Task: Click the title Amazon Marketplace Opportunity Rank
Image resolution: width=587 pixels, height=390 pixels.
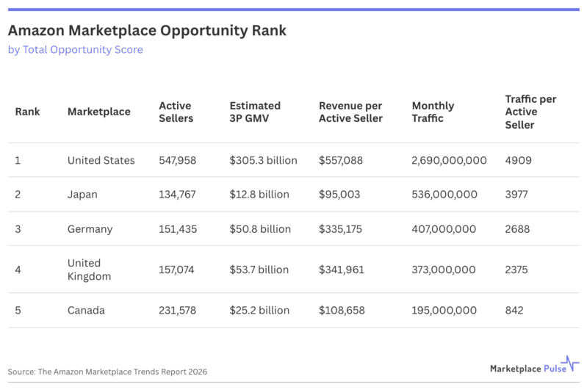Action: point(147,31)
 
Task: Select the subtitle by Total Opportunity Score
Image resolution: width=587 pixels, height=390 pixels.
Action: point(75,50)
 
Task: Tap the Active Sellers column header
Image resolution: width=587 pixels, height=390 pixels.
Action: point(176,112)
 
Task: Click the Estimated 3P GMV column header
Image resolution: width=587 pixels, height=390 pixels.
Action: point(255,112)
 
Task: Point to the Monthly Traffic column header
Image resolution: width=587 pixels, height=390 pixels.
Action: point(433,112)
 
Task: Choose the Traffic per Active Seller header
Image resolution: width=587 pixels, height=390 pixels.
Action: point(531,112)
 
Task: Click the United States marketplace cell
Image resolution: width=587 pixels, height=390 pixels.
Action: point(101,160)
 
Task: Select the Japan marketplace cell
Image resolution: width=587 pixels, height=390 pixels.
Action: point(82,195)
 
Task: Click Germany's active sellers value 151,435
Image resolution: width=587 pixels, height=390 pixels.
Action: point(178,229)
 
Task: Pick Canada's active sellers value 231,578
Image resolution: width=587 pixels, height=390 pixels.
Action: point(178,311)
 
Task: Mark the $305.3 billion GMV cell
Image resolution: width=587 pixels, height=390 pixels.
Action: point(263,160)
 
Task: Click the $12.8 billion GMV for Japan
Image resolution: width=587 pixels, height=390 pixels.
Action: point(259,195)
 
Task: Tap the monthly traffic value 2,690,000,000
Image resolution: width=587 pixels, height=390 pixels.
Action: point(449,160)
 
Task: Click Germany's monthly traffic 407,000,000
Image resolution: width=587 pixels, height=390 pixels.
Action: point(444,229)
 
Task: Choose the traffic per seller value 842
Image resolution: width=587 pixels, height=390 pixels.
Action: point(514,311)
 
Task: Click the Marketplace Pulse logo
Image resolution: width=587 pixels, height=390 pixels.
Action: point(534,365)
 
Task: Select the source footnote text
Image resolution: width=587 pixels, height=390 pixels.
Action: point(107,372)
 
